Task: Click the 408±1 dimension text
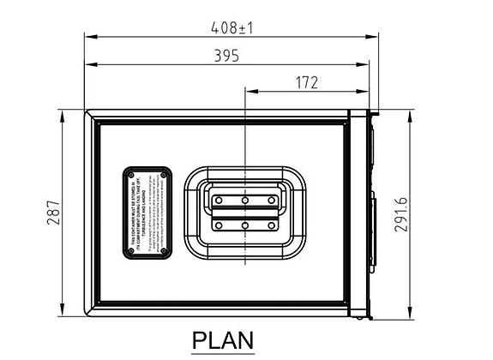tap(232, 27)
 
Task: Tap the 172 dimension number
tap(306, 82)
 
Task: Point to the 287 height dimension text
tap(53, 213)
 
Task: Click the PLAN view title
tap(222, 339)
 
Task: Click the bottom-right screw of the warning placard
tap(163, 249)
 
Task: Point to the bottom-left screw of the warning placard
tap(129, 249)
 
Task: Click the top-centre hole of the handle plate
tap(245, 200)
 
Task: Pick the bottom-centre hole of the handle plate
tap(245, 225)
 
